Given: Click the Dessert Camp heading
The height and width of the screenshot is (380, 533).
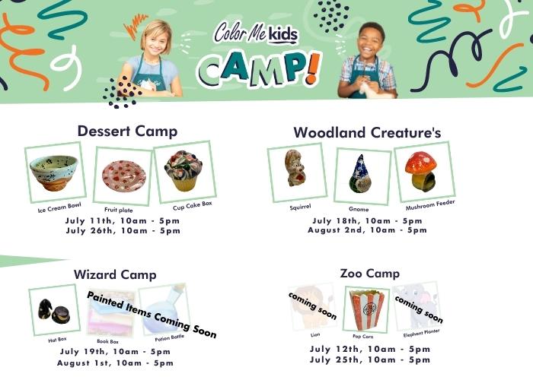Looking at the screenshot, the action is (127, 131).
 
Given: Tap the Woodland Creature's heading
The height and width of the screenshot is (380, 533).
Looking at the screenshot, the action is (367, 132).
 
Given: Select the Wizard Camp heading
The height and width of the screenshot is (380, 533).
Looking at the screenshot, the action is (115, 274).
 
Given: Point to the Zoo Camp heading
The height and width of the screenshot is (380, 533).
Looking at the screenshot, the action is (370, 273).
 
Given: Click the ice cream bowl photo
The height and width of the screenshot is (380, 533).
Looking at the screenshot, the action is (54, 173).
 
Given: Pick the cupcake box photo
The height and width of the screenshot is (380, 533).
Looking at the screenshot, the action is (184, 171).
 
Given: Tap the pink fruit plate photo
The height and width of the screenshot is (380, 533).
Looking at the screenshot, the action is (123, 176).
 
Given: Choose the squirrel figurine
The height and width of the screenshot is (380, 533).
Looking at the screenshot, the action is (295, 168).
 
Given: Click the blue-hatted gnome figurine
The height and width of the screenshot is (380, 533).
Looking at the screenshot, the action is (360, 174).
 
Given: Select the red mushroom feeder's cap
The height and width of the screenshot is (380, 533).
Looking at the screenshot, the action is (421, 163).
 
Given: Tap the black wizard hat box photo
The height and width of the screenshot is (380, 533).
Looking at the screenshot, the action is (54, 311).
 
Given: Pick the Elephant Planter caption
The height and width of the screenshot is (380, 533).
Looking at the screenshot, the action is (422, 333).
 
